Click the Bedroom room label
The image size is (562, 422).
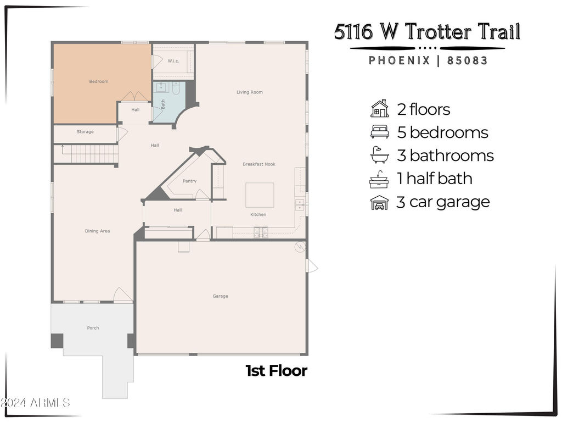[99, 81]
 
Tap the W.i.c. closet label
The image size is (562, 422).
[173, 61]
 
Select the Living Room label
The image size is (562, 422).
[250, 92]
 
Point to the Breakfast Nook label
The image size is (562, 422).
[259, 164]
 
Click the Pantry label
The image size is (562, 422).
[189, 181]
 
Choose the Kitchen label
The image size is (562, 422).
[258, 215]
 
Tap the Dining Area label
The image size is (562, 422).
[98, 231]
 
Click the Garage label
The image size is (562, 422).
[220, 296]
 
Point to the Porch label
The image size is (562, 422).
[93, 328]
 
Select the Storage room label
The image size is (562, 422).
[85, 132]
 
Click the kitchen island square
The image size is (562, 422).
[260, 195]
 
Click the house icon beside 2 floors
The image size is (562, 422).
[380, 109]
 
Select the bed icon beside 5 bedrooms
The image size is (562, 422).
[380, 132]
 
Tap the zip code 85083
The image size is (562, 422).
[468, 60]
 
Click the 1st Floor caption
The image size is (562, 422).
[277, 371]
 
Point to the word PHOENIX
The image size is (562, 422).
[400, 60]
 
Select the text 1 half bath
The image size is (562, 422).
[435, 179]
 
